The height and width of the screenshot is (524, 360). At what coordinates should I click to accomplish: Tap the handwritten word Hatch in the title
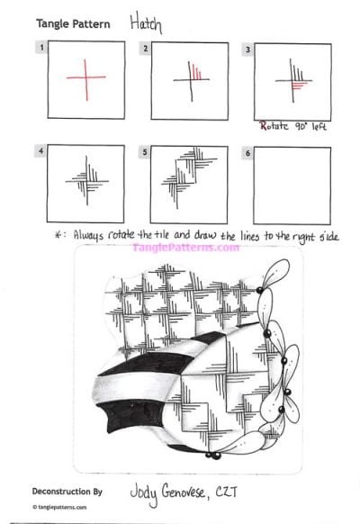pos(146,23)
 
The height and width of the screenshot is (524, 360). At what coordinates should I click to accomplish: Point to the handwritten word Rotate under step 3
pos(274,126)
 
